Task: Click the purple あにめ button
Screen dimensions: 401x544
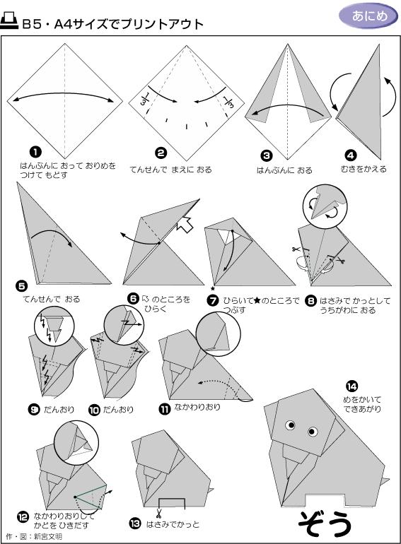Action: coord(368,16)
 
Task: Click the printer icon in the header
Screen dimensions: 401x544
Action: coord(8,21)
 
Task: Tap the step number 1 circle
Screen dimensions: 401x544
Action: coord(35,152)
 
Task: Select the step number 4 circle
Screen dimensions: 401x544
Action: coord(350,155)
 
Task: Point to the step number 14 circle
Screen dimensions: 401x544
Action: coord(351,386)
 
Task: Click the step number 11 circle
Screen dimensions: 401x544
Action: coord(164,409)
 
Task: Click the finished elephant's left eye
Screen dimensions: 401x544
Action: coord(290,425)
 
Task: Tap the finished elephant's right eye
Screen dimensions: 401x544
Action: coord(312,431)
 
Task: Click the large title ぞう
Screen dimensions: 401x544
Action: coord(325,524)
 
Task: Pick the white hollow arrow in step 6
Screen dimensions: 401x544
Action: coord(185,224)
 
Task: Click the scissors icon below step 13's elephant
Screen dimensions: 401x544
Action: coord(158,513)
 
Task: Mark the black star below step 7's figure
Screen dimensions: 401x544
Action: coord(213,288)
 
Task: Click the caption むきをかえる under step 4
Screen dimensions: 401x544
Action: coord(363,169)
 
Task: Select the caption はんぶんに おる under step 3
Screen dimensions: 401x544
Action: coord(284,170)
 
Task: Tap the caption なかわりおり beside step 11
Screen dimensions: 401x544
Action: coord(197,407)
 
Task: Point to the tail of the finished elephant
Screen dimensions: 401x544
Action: coord(385,482)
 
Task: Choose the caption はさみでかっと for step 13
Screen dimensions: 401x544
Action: coord(173,524)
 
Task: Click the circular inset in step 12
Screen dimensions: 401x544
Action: coord(76,442)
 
